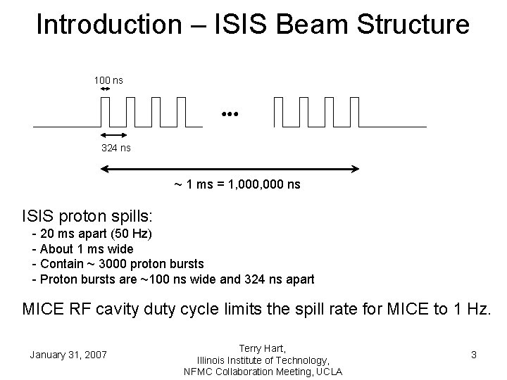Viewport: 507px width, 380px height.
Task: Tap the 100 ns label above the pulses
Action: (108, 80)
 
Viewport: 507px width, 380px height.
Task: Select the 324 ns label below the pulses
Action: (116, 148)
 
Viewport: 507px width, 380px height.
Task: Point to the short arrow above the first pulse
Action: (105, 89)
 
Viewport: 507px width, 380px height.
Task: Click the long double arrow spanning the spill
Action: (231, 169)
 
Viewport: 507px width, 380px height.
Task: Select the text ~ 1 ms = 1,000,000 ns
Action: (237, 184)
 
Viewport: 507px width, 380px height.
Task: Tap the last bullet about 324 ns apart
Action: (173, 279)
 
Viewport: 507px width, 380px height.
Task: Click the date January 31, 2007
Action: (68, 355)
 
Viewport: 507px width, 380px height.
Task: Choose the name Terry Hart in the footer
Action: (263, 348)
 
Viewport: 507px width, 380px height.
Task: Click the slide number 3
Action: (474, 355)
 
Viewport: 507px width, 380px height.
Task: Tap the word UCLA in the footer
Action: (327, 371)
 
